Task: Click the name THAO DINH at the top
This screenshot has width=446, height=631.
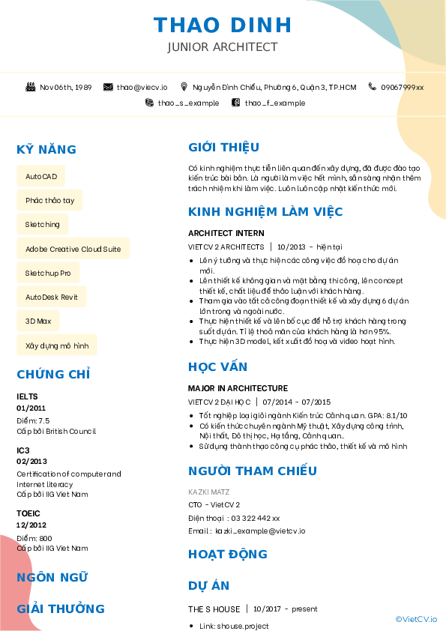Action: (x=223, y=25)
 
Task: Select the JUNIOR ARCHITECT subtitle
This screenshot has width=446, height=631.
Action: (x=223, y=47)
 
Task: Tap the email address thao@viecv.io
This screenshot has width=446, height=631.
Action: (x=142, y=87)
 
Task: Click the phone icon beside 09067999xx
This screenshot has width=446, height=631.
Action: (x=372, y=87)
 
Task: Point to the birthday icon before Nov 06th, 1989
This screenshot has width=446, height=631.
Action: (x=30, y=87)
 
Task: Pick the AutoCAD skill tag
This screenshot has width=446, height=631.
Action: (x=40, y=176)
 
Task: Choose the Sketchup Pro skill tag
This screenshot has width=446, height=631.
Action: (x=48, y=273)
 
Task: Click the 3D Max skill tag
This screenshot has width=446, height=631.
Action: (x=37, y=321)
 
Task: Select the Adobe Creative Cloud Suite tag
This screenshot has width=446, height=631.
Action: (x=73, y=249)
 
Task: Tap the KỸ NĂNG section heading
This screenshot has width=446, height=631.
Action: (x=46, y=149)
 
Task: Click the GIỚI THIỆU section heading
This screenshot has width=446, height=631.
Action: (x=223, y=147)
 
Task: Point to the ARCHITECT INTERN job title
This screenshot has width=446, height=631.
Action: (x=226, y=233)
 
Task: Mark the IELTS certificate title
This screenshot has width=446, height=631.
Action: (x=27, y=396)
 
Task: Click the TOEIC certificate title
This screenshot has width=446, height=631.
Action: (x=28, y=513)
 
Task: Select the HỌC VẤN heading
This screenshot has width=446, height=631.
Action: (x=217, y=366)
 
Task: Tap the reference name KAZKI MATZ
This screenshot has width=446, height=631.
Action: (x=209, y=492)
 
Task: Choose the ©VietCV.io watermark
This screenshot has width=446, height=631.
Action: (x=416, y=619)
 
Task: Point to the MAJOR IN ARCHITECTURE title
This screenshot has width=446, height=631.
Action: (x=238, y=388)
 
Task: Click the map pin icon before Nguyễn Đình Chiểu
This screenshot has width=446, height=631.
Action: (x=185, y=87)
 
